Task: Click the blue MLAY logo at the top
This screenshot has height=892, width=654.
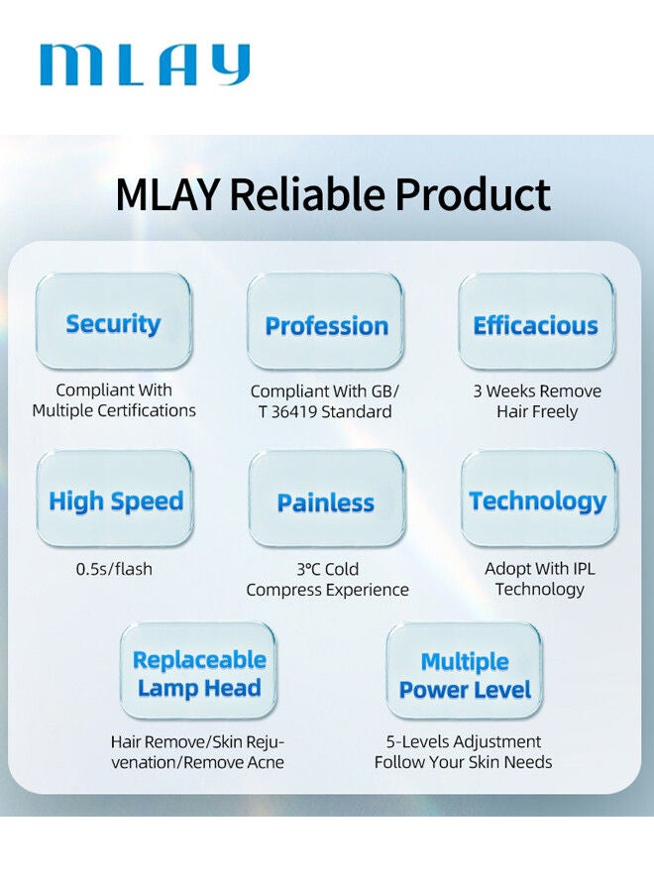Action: point(145,64)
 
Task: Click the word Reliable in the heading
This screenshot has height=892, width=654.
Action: point(307,194)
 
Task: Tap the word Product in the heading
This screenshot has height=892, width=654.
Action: point(473,194)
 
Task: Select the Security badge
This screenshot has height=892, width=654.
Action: point(113,321)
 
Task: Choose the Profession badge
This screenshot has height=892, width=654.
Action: point(325,321)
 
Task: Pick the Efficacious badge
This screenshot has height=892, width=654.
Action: point(537,321)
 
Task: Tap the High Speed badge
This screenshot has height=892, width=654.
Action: point(115,499)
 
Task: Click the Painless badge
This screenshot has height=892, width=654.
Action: point(326,499)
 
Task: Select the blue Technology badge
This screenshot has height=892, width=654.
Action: point(538,499)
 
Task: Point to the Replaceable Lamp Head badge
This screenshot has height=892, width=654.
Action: point(198,670)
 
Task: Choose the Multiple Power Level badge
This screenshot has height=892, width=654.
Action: point(464,670)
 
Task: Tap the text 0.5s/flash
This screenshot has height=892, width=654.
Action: point(114,569)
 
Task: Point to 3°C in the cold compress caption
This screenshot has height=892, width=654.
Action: point(309,569)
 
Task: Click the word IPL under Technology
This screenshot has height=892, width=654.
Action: point(584,568)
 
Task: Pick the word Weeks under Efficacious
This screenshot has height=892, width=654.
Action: point(512,391)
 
